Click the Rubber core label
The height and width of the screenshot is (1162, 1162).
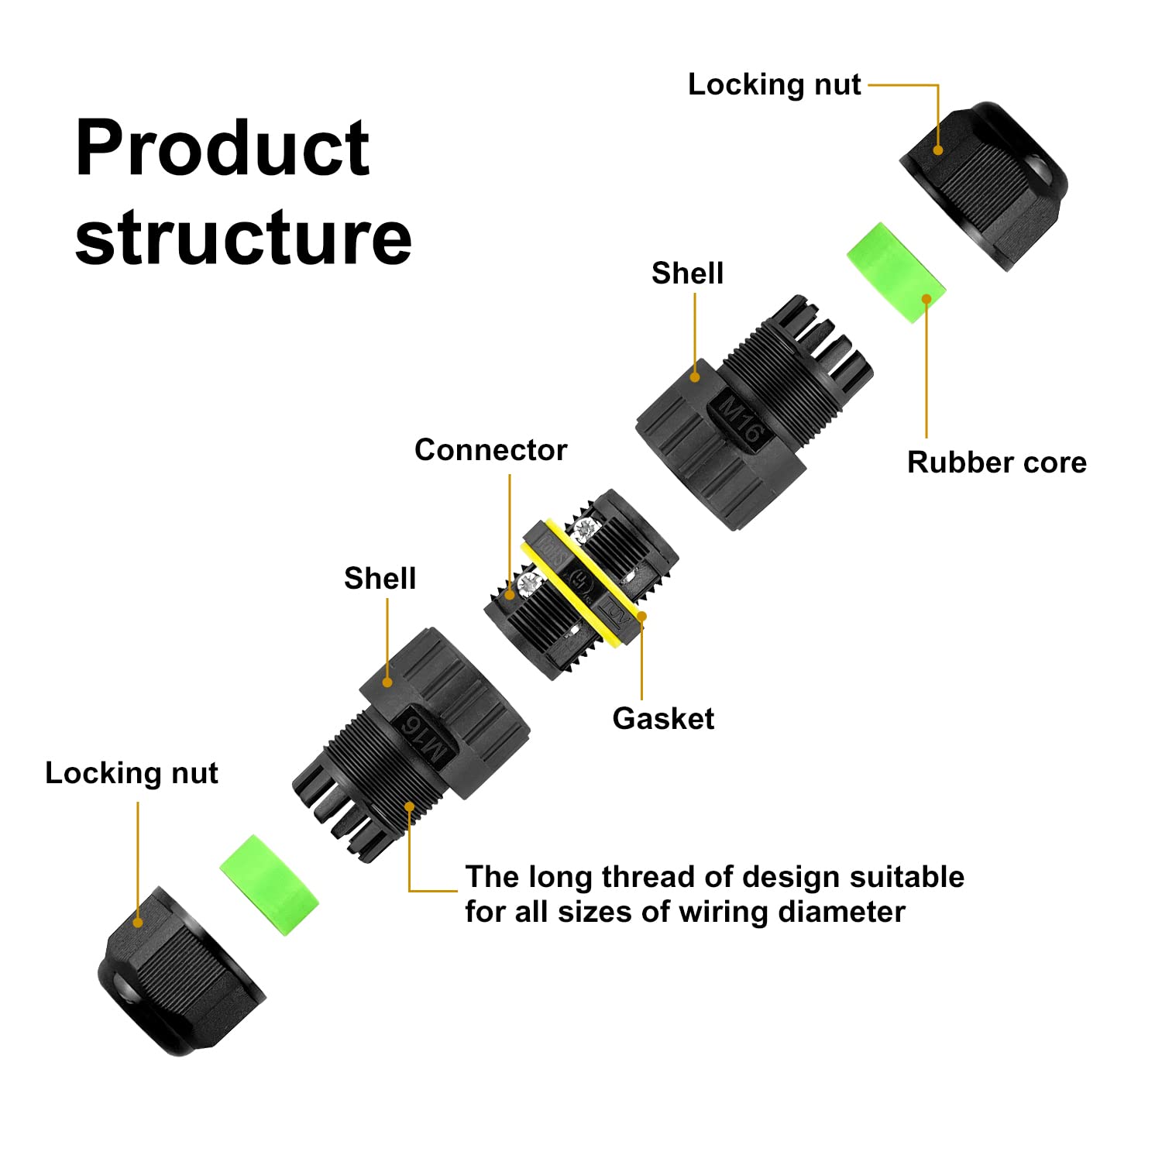click(x=996, y=462)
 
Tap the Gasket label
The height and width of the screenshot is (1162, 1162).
click(x=663, y=719)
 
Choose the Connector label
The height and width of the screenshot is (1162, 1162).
click(x=490, y=450)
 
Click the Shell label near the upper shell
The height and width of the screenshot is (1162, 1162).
click(x=687, y=273)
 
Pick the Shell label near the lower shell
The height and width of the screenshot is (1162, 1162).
click(x=380, y=579)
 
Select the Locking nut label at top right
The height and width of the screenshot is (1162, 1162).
click(x=774, y=84)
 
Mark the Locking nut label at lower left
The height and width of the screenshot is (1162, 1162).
click(x=132, y=773)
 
